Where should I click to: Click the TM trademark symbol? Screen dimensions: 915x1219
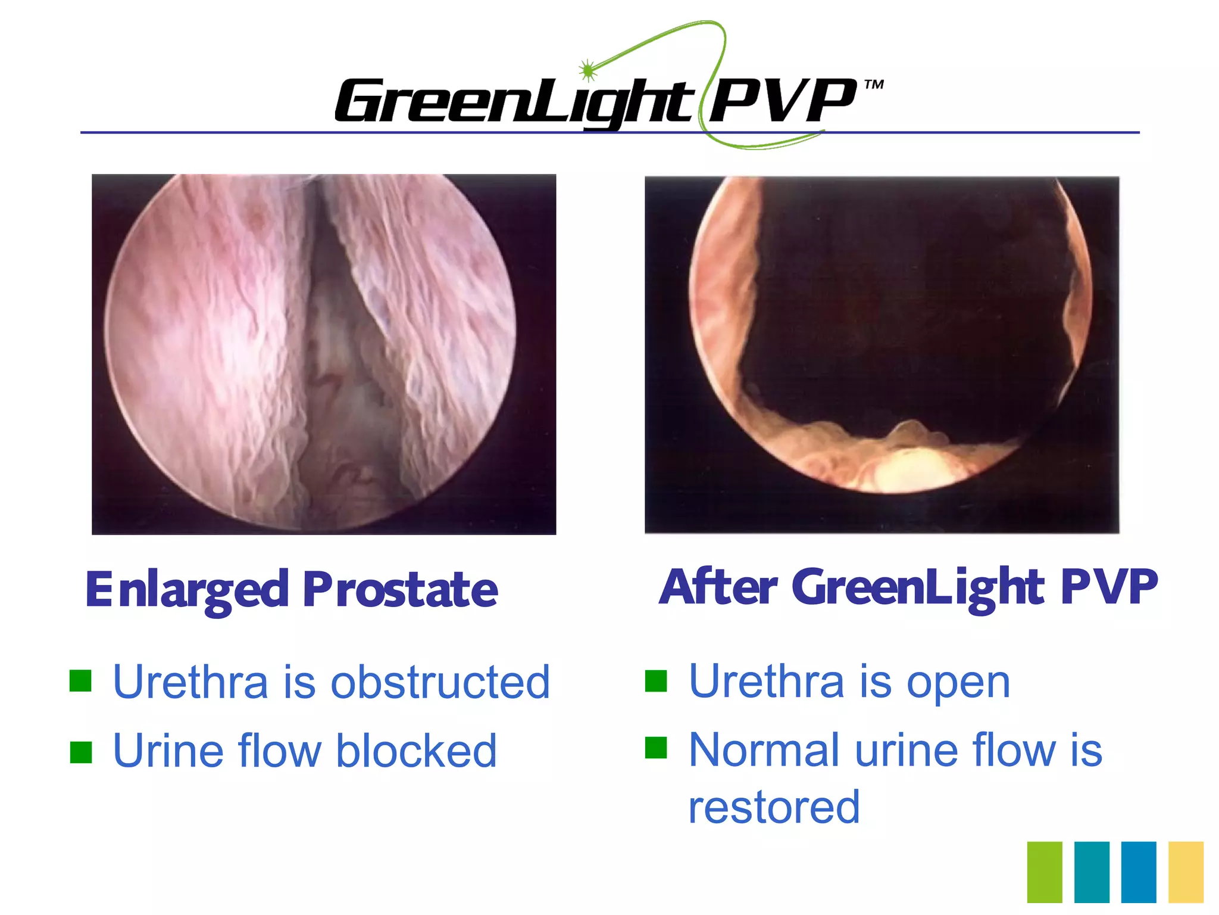coord(874,85)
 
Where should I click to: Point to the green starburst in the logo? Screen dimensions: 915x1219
coord(587,70)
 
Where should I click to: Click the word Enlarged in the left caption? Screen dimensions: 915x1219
coord(187,590)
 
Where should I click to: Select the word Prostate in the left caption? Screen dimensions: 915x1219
coord(400,590)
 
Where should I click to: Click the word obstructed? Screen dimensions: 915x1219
coord(440,682)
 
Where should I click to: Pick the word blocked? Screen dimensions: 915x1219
coord(416,751)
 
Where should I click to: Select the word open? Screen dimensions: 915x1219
coord(958,683)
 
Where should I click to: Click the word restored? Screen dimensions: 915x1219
coord(774,808)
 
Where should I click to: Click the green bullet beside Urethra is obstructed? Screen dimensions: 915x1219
coord(80,681)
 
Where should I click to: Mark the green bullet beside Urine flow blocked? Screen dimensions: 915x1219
coord(80,752)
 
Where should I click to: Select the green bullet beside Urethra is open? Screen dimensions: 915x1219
coord(656,681)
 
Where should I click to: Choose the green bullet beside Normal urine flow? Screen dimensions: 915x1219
coord(656,748)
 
